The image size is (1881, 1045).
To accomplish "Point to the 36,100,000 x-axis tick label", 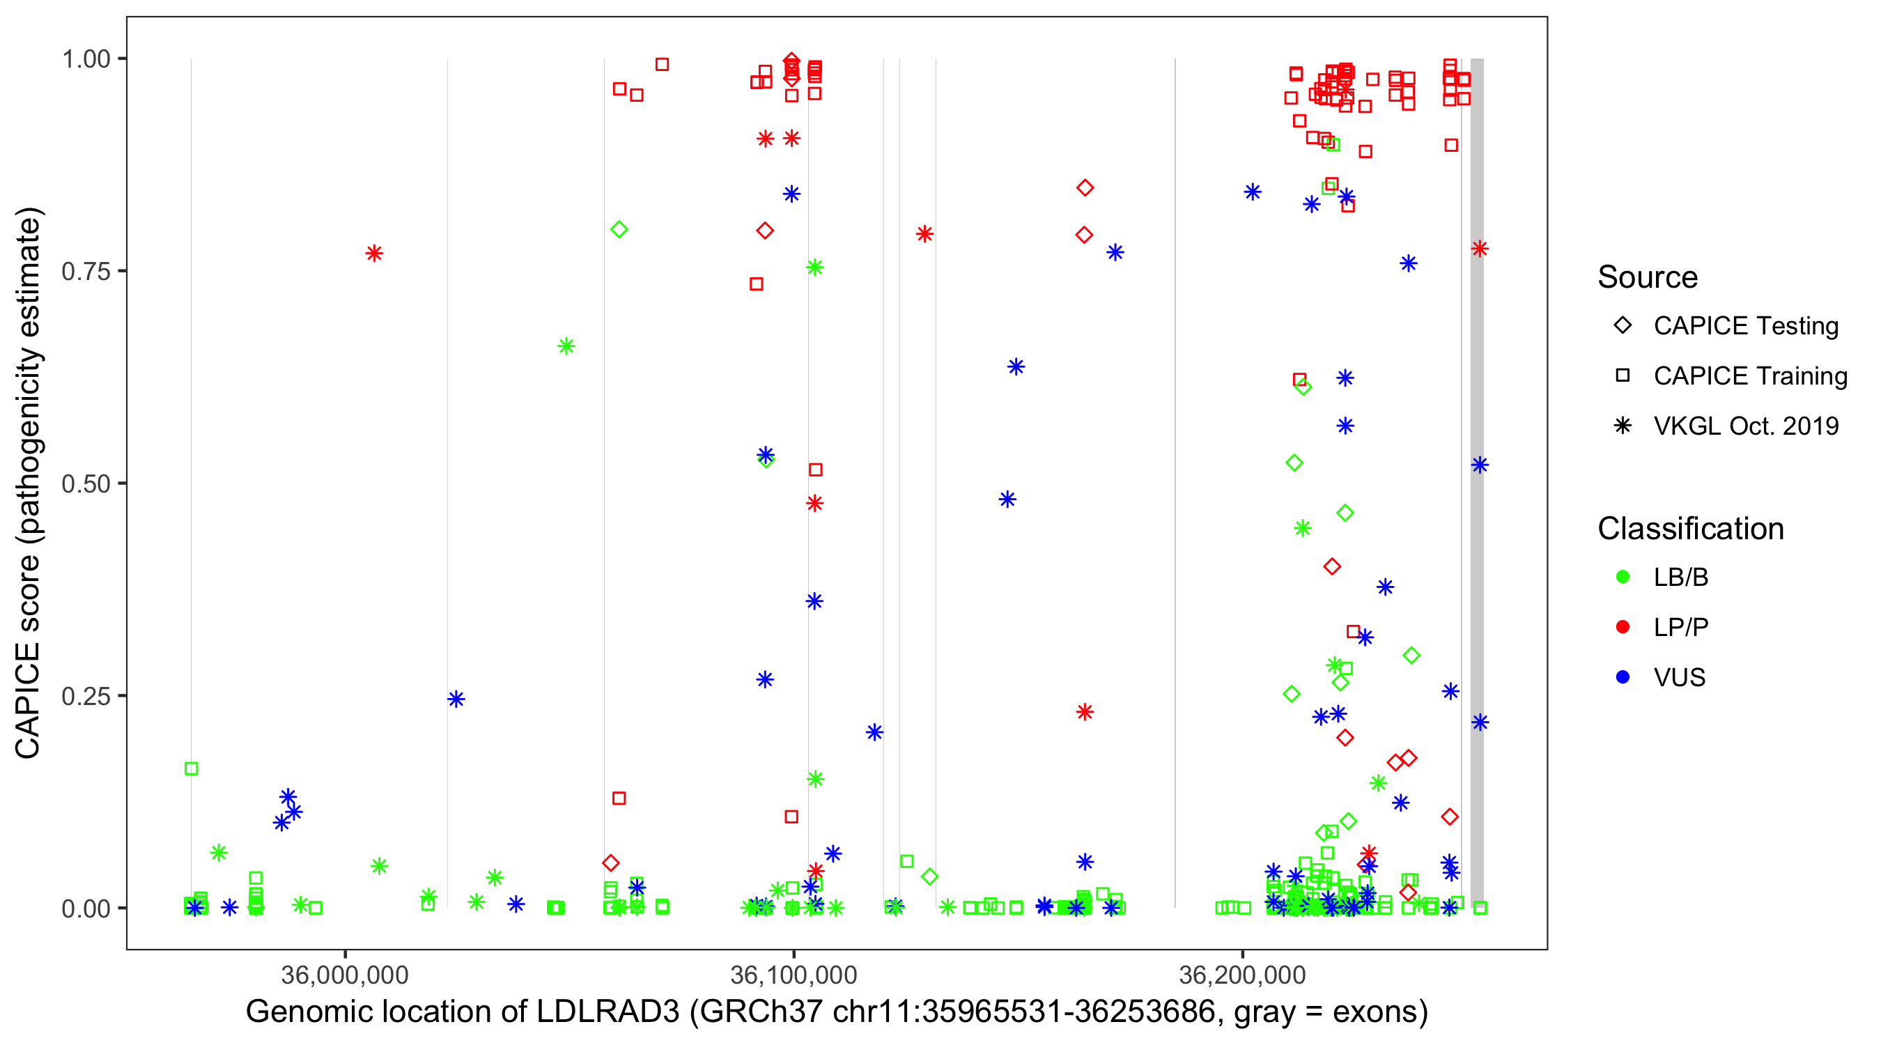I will pyautogui.click(x=793, y=975).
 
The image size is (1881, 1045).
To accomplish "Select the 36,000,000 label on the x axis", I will pyautogui.click(x=345, y=975).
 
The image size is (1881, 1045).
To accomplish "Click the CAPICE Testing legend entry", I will pyautogui.click(x=1745, y=326).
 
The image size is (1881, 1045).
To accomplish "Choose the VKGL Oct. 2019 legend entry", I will pyautogui.click(x=1745, y=426).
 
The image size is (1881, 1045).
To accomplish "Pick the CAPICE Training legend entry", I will pyautogui.click(x=1749, y=376).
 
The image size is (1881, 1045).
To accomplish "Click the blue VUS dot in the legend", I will pyautogui.click(x=1623, y=677).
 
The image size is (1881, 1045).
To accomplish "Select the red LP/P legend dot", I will pyautogui.click(x=1623, y=627).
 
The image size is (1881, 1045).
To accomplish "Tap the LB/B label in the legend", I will pyautogui.click(x=1680, y=578).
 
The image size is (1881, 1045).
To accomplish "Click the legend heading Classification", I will pyautogui.click(x=1690, y=529).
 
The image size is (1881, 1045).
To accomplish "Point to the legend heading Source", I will pyautogui.click(x=1648, y=277).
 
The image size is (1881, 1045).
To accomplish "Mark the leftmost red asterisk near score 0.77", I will pyautogui.click(x=374, y=254).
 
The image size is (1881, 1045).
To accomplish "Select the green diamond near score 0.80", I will pyautogui.click(x=619, y=230).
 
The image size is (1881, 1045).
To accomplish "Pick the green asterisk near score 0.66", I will pyautogui.click(x=566, y=346).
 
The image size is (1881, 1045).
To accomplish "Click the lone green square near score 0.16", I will pyautogui.click(x=192, y=768).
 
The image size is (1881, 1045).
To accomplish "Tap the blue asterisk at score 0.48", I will pyautogui.click(x=1007, y=500).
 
